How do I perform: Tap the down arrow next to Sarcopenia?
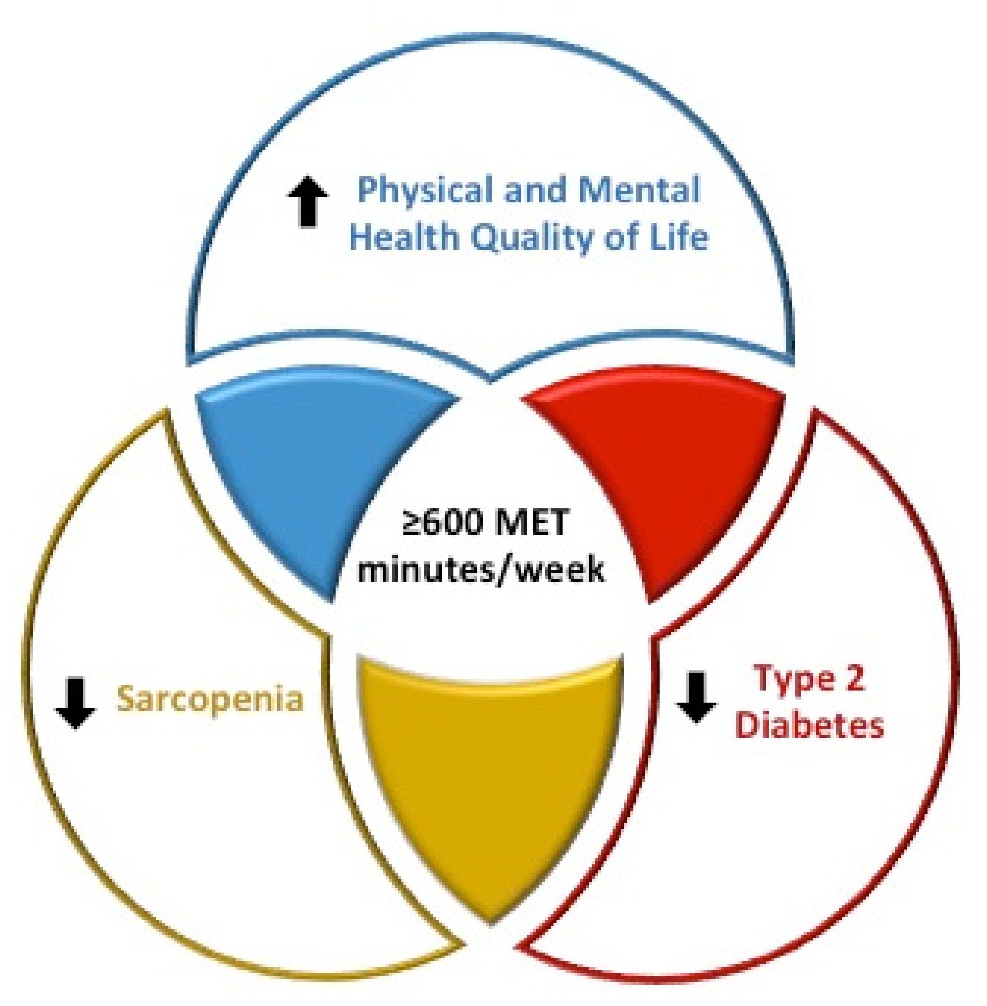point(76,702)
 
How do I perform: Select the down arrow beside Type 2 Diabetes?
point(696,697)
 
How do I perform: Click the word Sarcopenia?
point(210,700)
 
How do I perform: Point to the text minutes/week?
point(481,570)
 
